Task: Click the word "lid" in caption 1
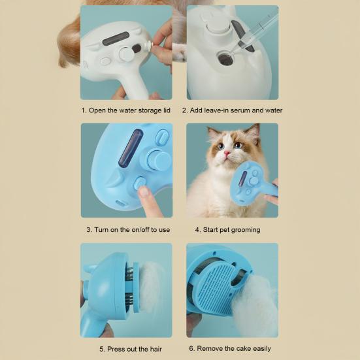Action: [x=167, y=110]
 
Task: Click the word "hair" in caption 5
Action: [x=156, y=349]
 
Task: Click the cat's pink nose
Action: [x=227, y=153]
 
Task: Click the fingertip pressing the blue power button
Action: [x=144, y=191]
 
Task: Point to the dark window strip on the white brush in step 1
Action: [x=116, y=39]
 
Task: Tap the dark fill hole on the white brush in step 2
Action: [x=225, y=59]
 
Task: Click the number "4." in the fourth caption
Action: [x=198, y=229]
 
